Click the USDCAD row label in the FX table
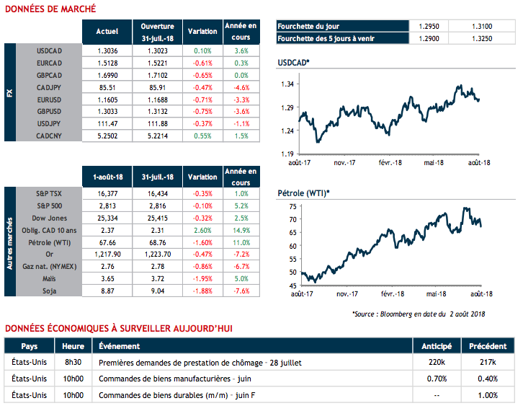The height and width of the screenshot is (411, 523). (x=51, y=51)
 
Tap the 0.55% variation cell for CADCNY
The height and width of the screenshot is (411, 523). (x=202, y=135)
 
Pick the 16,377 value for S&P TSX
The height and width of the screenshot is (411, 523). (x=107, y=194)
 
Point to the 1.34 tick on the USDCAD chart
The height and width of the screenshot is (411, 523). (x=287, y=84)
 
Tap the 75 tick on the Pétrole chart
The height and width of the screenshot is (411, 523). (x=292, y=206)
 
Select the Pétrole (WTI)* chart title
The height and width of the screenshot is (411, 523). (x=303, y=193)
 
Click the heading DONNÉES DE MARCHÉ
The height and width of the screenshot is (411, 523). (x=50, y=9)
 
